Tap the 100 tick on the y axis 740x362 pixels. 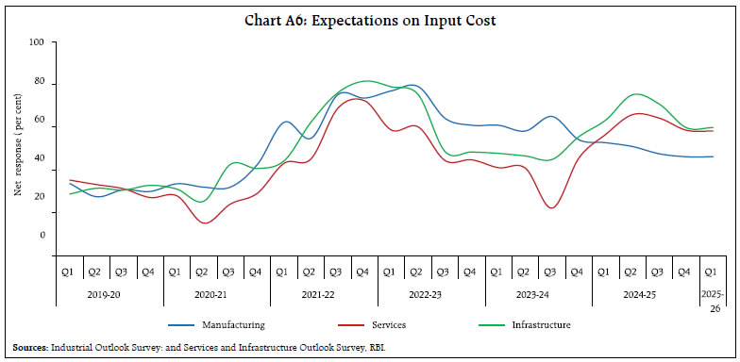(37, 42)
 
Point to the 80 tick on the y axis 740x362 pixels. (40, 83)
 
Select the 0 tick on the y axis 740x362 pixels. (42, 235)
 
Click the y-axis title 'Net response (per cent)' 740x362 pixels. (17, 152)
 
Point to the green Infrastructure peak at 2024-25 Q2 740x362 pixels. (638, 94)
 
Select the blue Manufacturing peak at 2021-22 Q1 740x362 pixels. (286, 122)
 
